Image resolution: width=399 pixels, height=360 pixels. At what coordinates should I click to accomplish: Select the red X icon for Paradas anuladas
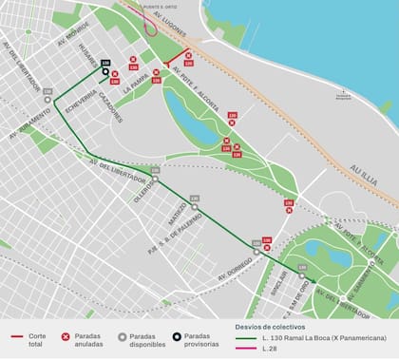click(66, 335)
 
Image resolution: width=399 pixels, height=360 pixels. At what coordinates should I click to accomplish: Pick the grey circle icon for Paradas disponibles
click(122, 335)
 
